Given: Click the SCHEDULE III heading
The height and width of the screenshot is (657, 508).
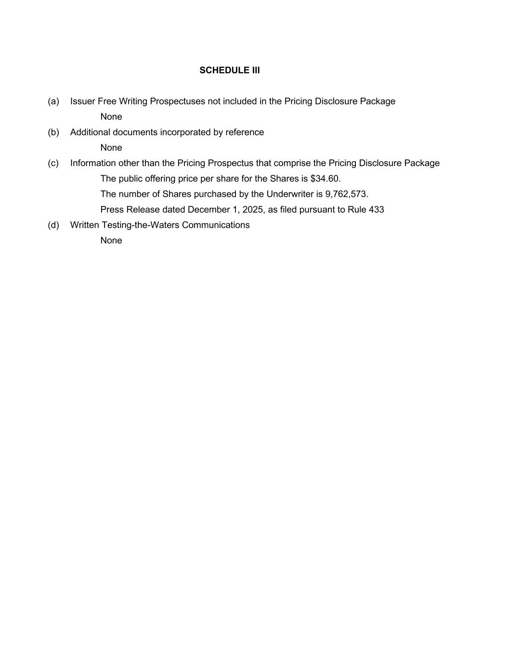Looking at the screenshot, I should click(230, 70).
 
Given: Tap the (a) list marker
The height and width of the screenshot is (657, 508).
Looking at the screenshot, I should click(53, 101).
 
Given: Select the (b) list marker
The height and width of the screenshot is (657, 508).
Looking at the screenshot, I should click(53, 132).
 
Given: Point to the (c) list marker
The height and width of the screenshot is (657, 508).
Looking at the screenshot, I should click(53, 163).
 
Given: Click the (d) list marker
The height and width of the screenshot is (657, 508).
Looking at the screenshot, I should click(53, 225).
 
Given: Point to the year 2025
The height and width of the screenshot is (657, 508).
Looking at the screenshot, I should click(252, 209).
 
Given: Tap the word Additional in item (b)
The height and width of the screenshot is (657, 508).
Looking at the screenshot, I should click(90, 132).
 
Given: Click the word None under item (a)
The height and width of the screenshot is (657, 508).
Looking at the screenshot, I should click(111, 116).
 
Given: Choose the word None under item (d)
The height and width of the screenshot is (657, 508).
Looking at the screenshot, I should click(111, 240).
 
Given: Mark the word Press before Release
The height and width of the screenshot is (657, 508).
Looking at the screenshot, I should click(112, 209).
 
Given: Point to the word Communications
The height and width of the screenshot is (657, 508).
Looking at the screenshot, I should click(216, 225).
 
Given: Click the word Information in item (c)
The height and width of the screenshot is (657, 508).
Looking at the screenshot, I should click(93, 163).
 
